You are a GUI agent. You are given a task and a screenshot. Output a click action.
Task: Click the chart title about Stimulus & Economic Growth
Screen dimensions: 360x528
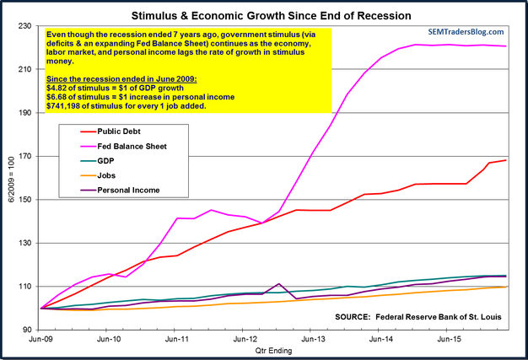[x=265, y=14]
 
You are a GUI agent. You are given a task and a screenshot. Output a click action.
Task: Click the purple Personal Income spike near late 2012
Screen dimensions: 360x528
[x=277, y=284]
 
